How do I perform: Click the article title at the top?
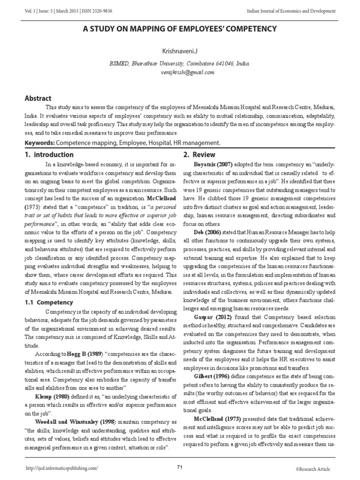point(180,29)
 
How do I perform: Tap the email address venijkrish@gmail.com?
point(180,73)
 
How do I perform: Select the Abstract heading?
point(38,98)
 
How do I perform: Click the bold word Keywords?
point(39,142)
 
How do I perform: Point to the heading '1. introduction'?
point(49,155)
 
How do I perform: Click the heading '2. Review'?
point(199,155)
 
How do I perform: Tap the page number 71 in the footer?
point(180,467)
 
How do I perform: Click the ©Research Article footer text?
point(313,469)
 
